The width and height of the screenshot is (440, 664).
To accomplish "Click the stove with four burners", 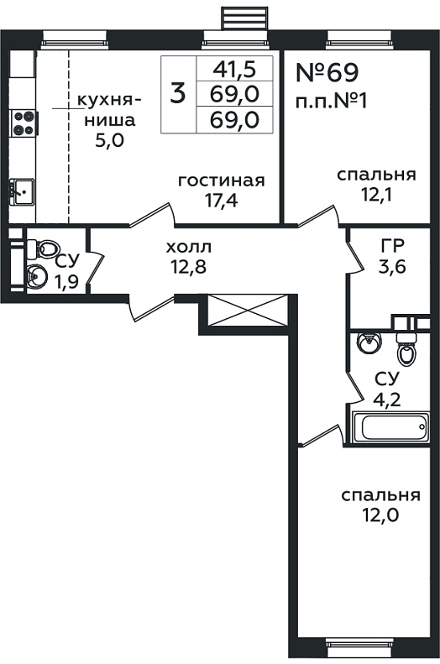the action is pos(24,123).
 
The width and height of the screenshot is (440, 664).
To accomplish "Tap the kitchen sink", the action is pos(22,192).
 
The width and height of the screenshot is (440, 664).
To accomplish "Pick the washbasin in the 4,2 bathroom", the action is pos(369,342).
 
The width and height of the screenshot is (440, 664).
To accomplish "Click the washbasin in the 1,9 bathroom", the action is pos(38,276).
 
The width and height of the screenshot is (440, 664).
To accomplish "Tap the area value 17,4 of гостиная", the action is pos(221,200).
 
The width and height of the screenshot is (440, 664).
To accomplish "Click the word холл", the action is pos(188,247).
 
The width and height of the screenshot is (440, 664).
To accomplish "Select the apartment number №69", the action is pos(327,72).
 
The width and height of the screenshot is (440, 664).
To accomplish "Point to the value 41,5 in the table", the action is pos(235,69).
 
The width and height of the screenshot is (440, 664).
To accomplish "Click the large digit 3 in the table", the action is pos(177,93).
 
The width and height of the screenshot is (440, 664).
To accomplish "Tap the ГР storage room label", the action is pos(393,245).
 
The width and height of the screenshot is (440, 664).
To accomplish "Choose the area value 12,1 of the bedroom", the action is pos(376,195).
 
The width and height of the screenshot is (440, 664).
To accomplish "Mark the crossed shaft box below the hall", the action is pos(247,311).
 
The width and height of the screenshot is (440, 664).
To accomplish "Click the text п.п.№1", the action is pos(331,102).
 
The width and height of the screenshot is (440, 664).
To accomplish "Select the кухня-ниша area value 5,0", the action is pos(109,140).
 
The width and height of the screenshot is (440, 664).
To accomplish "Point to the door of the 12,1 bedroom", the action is pos(319,216).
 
